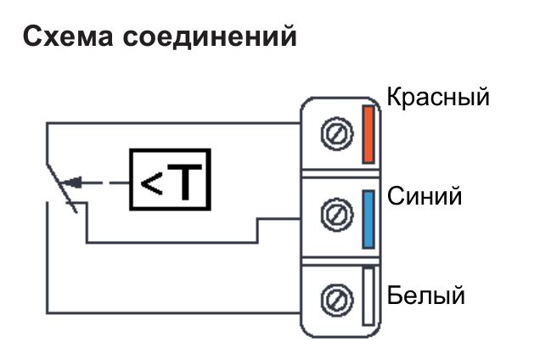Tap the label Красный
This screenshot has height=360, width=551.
[x=437, y=96]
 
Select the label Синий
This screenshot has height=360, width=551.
[x=424, y=196]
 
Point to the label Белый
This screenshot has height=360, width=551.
[x=426, y=296]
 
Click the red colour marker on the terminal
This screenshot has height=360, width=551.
[x=368, y=133]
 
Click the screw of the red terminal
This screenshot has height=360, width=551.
[x=335, y=134]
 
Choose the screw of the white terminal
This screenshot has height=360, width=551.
[x=335, y=297]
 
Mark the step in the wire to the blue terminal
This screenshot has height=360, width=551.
[x=258, y=230]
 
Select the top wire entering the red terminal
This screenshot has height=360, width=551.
[x=170, y=124]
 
